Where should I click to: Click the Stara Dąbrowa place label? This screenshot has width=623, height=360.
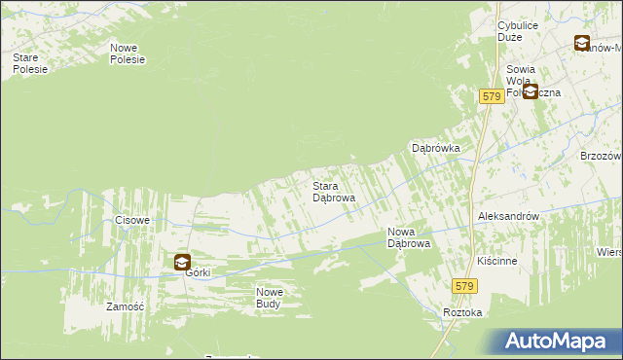coord(333,191)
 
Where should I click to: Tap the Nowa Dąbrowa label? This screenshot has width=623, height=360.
coord(409,237)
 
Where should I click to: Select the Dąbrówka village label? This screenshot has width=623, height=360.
coord(435,149)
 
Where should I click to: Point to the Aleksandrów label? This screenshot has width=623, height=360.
coord(507,216)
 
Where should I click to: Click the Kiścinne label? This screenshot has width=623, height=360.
coord(496,262)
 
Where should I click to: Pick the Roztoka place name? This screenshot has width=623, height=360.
coord(461,312)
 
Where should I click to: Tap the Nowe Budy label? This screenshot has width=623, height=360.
coord(269,298)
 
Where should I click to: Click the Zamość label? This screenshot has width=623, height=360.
coord(125,306)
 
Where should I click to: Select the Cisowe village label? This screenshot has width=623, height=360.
coord(132,220)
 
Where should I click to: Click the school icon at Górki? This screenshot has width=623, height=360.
coord(182,261)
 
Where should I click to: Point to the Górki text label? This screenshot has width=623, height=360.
coord(198,274)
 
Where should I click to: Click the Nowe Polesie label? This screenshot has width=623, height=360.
coord(128,54)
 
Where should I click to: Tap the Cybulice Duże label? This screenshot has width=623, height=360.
coord(518,30)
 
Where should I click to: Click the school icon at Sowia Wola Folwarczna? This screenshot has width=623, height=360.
coord(531,91)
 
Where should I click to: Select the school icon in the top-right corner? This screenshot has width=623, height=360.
coord(581,43)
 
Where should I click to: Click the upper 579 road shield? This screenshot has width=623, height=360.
coord(491,96)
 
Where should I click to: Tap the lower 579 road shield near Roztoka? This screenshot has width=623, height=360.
coord(463,285)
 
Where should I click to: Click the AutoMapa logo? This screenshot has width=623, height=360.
coord(558,342)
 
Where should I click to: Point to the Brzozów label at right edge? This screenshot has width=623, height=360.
coord(601,156)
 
